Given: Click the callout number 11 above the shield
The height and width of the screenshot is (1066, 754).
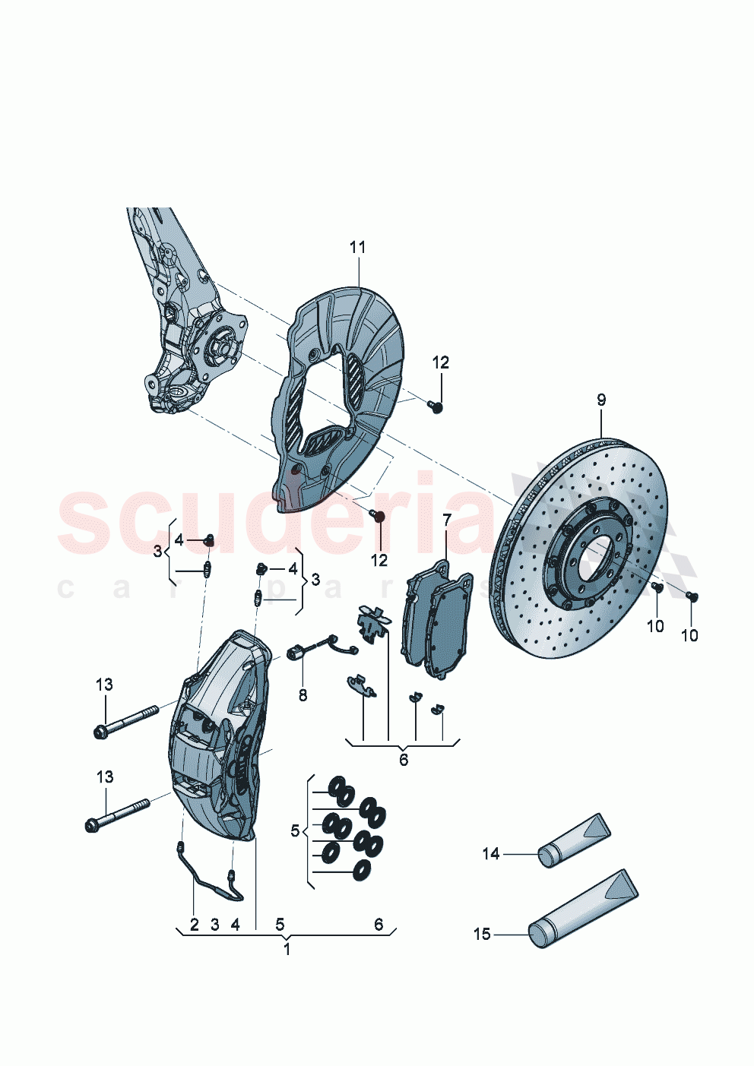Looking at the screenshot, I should click(x=357, y=248).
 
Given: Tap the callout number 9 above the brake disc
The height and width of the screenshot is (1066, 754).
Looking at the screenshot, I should click(x=600, y=400).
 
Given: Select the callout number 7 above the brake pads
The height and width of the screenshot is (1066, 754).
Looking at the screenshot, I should click(x=447, y=520).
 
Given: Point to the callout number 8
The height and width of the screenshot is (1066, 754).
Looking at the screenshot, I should click(x=303, y=694).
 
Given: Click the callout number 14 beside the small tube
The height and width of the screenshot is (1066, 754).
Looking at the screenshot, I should click(x=490, y=854).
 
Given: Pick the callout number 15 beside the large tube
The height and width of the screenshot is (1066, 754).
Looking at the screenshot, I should click(x=482, y=934).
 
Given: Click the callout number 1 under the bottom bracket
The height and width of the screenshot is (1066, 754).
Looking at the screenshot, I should click(x=287, y=949).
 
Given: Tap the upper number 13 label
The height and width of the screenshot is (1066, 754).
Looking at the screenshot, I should click(x=104, y=685).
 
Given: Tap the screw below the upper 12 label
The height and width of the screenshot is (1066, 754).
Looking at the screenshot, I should click(x=437, y=407).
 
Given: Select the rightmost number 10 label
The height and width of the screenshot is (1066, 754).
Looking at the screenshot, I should click(x=689, y=635).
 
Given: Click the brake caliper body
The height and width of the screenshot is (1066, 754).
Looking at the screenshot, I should click(x=217, y=745).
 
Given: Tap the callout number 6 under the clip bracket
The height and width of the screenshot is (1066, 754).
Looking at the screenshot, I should click(x=403, y=759).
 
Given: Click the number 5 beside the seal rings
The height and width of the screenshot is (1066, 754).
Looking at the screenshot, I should click(x=295, y=831).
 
